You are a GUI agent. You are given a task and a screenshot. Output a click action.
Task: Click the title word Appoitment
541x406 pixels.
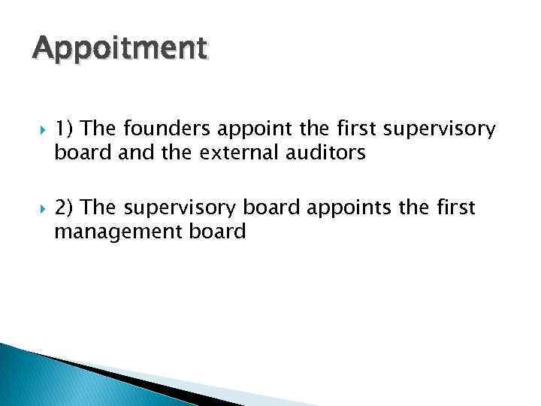click(x=119, y=50)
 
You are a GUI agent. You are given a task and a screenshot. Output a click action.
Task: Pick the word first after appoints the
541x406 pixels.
click(x=456, y=207)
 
